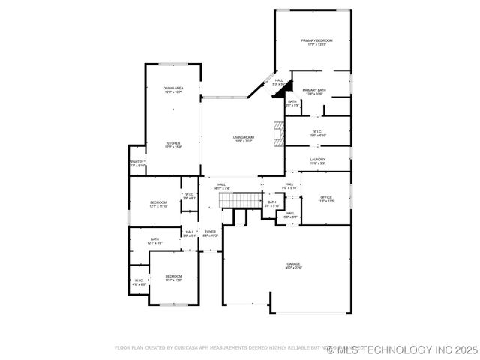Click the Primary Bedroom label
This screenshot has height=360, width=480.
coord(316,42)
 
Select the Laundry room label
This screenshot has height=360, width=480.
coord(317,160)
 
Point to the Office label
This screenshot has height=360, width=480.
coord(326,199)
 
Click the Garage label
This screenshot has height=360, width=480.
coord(292,265)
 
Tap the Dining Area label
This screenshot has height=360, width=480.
coord(173,90)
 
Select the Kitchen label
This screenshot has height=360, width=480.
coord(173,145)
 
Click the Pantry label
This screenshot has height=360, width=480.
coord(137,163)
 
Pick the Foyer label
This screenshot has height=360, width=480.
coord(210,233)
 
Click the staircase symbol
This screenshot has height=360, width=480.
coord(238,200)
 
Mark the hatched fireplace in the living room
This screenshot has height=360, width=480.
coord(279,133)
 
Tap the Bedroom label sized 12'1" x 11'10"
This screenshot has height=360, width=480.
coord(157,204)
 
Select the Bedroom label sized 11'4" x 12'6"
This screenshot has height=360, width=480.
coord(173,278)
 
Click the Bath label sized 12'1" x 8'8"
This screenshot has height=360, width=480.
coord(154,241)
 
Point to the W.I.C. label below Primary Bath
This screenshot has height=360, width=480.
coord(317,133)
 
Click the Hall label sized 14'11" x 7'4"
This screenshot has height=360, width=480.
coord(222,186)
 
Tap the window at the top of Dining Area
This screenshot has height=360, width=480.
coord(173,64)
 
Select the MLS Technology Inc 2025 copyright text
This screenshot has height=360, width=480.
coord(407,349)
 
